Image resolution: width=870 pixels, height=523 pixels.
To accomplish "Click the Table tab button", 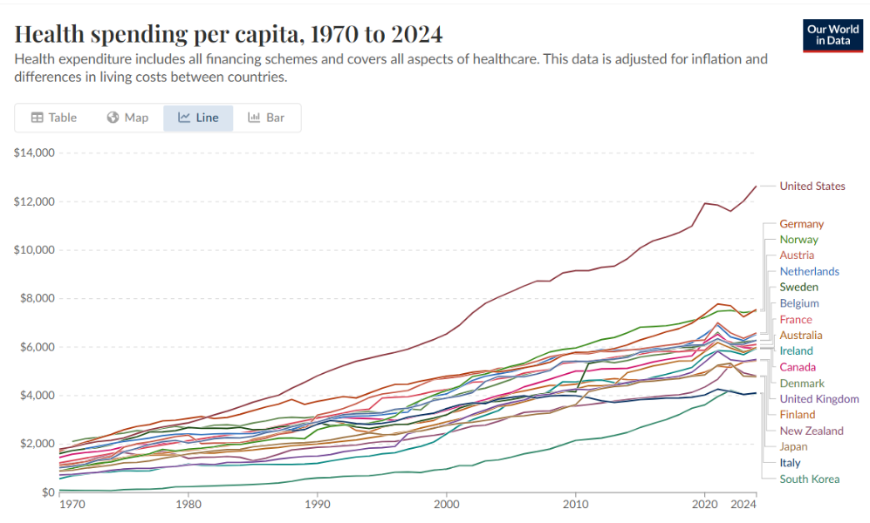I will click(54, 118).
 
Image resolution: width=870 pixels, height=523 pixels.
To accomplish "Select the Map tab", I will click(127, 118).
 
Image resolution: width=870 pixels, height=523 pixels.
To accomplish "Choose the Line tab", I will click(198, 118).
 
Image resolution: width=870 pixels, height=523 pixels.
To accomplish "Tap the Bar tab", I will click(266, 118).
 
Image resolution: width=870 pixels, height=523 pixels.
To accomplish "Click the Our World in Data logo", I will click(832, 35).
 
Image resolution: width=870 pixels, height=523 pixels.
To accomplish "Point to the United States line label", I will click(812, 186).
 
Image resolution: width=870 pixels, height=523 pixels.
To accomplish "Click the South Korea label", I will click(809, 479).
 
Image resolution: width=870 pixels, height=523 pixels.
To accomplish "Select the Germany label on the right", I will click(801, 224).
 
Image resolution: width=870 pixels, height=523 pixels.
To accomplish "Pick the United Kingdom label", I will click(819, 398).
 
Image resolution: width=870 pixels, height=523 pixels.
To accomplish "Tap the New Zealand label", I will click(812, 431).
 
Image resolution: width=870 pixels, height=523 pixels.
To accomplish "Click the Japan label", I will click(794, 446).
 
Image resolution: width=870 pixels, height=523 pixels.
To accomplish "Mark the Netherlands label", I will click(809, 271).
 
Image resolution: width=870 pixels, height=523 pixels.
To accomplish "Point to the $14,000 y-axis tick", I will click(35, 153).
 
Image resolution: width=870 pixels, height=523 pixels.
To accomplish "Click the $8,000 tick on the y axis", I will click(38, 299).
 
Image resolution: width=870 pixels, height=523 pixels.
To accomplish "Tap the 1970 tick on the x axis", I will click(72, 504).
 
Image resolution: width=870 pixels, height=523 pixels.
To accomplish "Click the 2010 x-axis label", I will click(575, 504).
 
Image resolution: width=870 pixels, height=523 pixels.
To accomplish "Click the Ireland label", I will click(796, 350).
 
